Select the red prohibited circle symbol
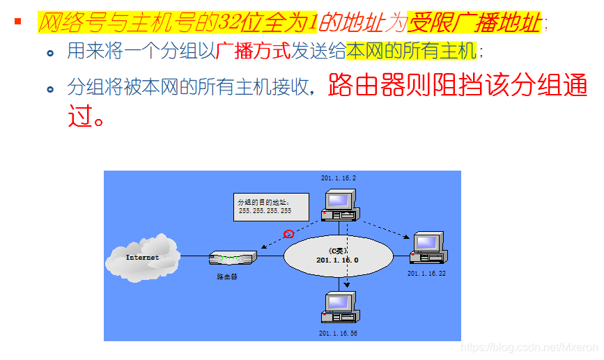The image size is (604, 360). (288, 233)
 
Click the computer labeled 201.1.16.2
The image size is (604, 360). (341, 203)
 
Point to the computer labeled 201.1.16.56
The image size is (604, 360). (341, 308)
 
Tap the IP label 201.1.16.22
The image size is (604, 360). (426, 274)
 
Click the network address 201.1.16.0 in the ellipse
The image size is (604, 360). (337, 260)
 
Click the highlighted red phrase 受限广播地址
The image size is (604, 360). (474, 23)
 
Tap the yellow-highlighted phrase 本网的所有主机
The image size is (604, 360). (411, 52)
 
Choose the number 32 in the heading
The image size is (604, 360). (231, 23)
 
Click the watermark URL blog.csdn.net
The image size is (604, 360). (529, 346)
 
